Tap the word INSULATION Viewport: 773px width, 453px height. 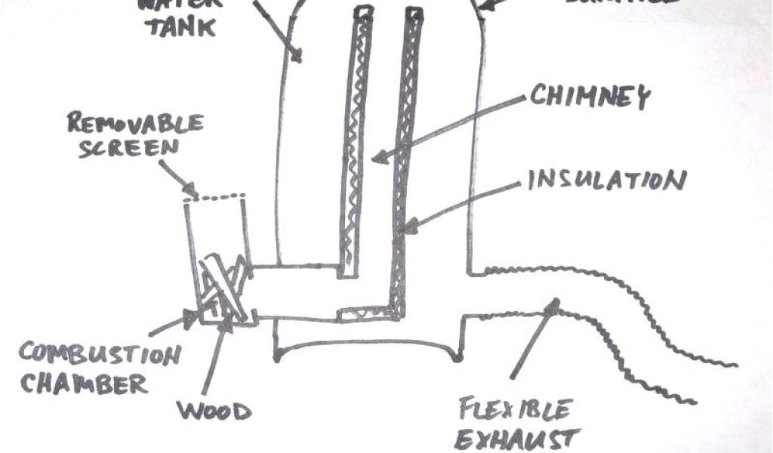click(606, 182)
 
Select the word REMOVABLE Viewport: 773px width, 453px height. click(136, 123)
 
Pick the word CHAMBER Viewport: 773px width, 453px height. click(83, 384)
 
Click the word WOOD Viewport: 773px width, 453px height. click(214, 412)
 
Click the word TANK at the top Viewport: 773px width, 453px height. click(180, 27)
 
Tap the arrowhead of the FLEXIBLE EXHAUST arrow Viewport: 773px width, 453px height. click(555, 307)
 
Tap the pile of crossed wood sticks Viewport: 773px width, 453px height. click(222, 285)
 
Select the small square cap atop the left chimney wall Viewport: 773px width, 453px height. click(363, 12)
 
